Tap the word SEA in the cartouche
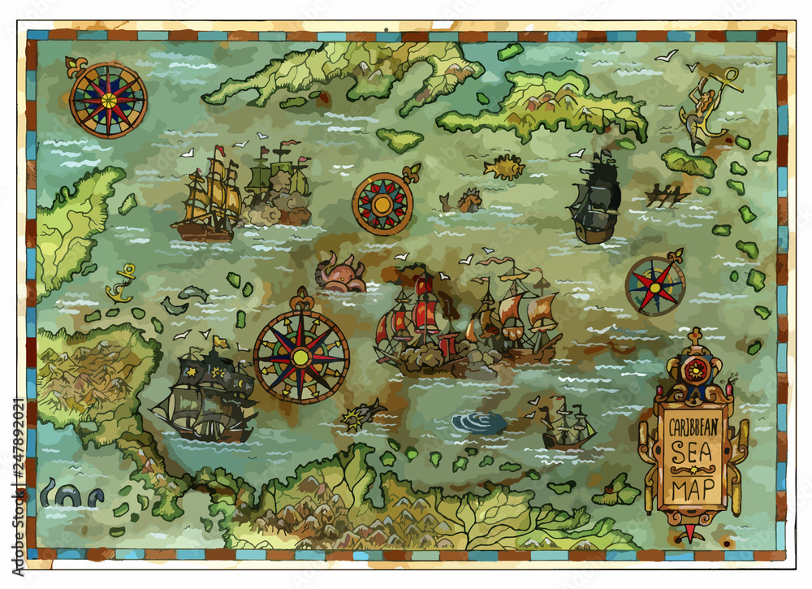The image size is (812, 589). [x=692, y=452]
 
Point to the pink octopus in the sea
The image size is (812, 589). [x=339, y=274]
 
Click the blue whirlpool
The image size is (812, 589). [x=479, y=422]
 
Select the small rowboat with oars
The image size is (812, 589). [x=667, y=195]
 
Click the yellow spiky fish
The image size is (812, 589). [x=504, y=167]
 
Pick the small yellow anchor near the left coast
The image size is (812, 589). [x=122, y=284]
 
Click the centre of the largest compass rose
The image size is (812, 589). [x=301, y=356]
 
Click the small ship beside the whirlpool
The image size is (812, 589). [x=567, y=424]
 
